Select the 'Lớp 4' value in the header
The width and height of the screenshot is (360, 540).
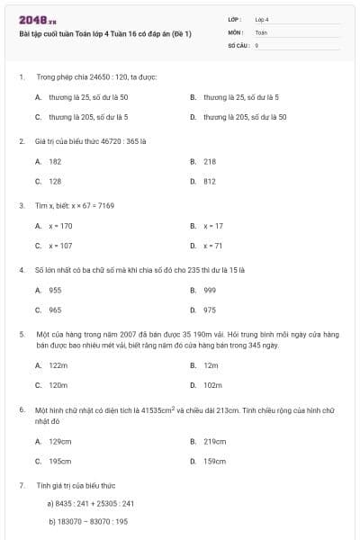tap(262, 19)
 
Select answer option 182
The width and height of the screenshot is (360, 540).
tap(55, 161)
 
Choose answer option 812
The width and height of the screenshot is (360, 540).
tap(210, 182)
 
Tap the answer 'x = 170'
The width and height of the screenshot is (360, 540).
tap(60, 226)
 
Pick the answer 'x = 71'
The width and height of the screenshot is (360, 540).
tap(212, 246)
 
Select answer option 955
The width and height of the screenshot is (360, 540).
tap(55, 290)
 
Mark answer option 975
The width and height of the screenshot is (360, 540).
tap(210, 310)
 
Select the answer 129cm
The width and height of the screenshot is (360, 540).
tap(60, 442)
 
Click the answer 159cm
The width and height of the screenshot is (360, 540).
tap(214, 462)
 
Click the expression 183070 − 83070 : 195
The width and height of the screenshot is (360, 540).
tap(91, 522)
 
